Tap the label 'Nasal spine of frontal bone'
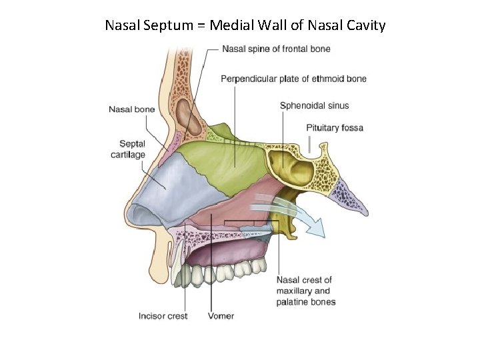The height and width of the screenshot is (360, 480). point(275,49)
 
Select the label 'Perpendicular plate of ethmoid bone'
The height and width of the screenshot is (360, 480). point(293,79)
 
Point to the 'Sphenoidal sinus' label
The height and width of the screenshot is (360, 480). point(314,105)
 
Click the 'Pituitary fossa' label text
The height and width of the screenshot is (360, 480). point(335,127)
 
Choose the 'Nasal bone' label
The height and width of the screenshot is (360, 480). point(132,109)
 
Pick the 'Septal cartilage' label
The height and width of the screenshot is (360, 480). point(128,149)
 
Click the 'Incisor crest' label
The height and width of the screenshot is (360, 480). point(163,316)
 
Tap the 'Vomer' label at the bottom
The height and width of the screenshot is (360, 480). point(221,316)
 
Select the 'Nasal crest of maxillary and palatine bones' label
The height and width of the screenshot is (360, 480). point(305,291)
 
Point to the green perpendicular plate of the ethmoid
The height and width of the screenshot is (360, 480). point(220,167)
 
